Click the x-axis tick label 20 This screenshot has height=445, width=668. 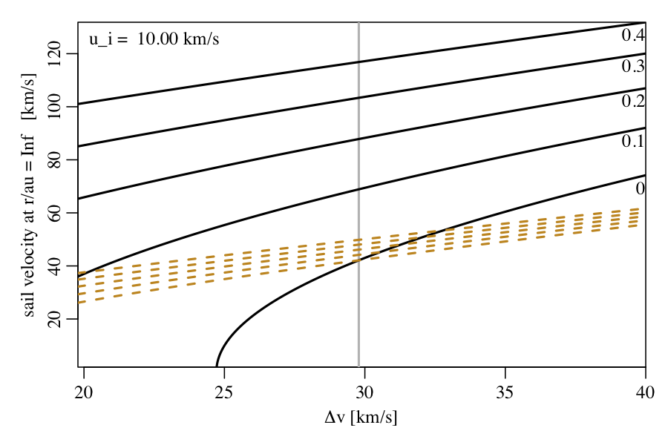point(84,391)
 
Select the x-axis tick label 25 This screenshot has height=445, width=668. point(224,391)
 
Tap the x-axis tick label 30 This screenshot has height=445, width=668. point(364,391)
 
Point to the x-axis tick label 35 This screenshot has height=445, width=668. point(505,391)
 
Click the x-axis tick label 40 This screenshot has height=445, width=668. point(645,391)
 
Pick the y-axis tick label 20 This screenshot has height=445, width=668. point(53,319)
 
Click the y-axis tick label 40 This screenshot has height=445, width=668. point(53,266)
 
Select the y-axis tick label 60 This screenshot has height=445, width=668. point(53,213)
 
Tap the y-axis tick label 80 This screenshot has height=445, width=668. point(53,159)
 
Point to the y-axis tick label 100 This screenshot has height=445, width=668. point(53,107)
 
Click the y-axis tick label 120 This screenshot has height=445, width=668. point(53,54)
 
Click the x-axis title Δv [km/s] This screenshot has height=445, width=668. point(361,418)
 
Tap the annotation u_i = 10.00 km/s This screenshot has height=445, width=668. point(154,39)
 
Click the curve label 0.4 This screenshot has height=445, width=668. point(633,35)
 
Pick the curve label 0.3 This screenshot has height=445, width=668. point(633,67)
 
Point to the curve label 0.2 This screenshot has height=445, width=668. point(633,101)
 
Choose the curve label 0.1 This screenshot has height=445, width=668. point(633,141)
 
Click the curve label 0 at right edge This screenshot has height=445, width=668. point(640,189)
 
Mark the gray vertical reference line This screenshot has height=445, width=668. point(359,222)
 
